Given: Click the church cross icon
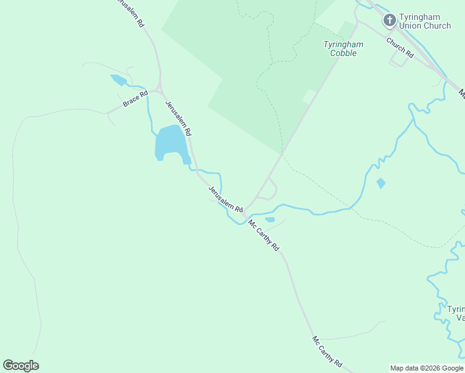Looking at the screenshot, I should (390, 20).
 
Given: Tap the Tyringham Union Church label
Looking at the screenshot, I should (425, 21).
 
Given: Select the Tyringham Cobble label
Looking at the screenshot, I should (343, 48).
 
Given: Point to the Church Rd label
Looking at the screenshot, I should (400, 47).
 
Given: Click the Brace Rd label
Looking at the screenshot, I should (135, 99).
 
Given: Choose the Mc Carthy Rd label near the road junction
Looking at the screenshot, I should (264, 234).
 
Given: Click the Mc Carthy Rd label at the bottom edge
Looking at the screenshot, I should (328, 351).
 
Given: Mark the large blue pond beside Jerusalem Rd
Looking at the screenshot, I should (170, 142).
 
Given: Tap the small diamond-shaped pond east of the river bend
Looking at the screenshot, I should (380, 183).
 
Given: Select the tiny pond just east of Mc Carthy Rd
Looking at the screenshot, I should (270, 219).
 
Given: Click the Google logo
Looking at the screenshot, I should (21, 366).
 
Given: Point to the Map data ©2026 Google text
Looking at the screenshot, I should (426, 368).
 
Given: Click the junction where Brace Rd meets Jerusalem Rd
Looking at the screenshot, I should (159, 90).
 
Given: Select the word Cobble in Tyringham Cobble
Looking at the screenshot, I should (343, 53).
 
